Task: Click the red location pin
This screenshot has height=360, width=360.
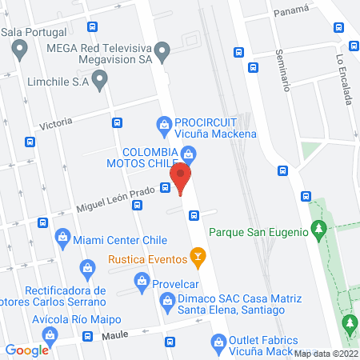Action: click(x=181, y=177)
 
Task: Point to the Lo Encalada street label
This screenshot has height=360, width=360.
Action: click(x=345, y=78)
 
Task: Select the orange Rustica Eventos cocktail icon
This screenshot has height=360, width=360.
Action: click(x=195, y=257)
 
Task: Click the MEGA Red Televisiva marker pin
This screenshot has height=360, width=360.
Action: click(x=163, y=54)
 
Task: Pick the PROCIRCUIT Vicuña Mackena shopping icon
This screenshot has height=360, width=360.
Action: click(x=163, y=124)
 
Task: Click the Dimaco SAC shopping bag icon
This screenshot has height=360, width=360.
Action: click(x=167, y=302)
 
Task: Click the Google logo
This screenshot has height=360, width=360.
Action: click(x=27, y=350)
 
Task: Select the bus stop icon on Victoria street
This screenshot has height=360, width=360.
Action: click(x=118, y=122)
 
